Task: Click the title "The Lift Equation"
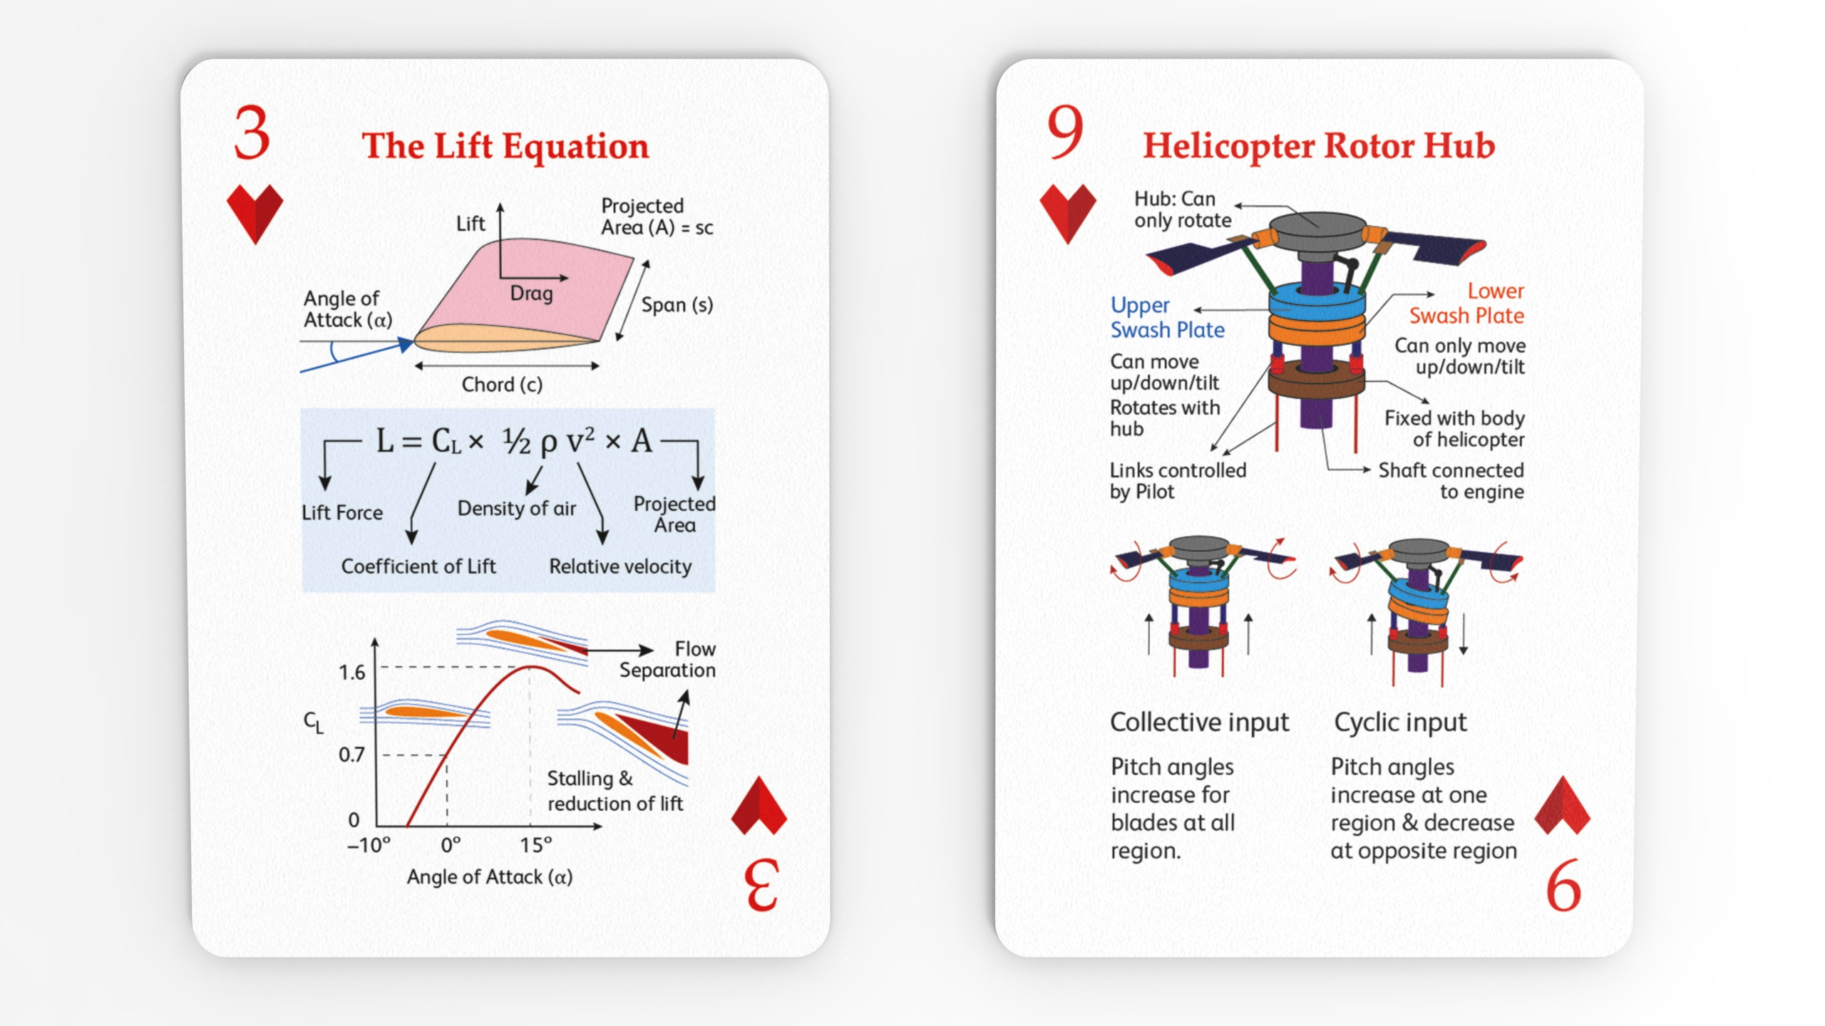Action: [505, 146]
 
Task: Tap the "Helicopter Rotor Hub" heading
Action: [1319, 146]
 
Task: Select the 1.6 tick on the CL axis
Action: [351, 673]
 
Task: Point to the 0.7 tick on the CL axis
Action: [351, 755]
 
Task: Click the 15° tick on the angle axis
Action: [535, 845]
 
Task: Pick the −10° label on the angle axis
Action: [369, 845]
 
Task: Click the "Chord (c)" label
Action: [502, 385]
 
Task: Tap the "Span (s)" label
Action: [677, 305]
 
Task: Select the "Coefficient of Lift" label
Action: [418, 566]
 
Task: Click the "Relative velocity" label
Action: [620, 566]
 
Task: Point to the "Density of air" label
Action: [517, 508]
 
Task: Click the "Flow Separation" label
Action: [668, 660]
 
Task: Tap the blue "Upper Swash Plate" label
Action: [1167, 318]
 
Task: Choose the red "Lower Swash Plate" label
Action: [1467, 304]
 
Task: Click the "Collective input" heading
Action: [1200, 722]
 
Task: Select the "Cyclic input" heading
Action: [1400, 722]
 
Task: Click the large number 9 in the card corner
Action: [1065, 133]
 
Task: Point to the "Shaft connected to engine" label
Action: [1451, 481]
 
